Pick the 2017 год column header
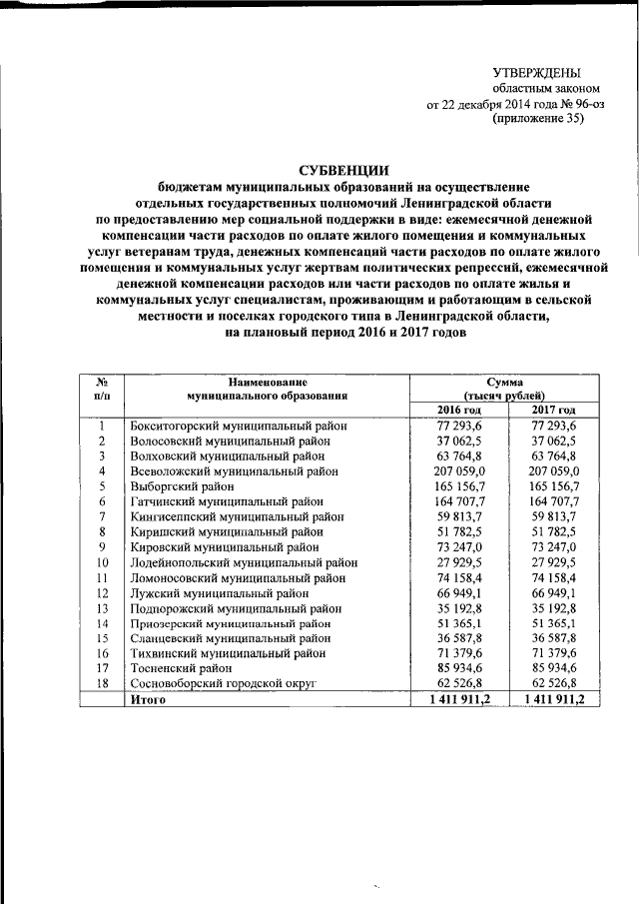(554, 411)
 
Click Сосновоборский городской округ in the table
(223, 682)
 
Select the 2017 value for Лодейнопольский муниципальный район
(555, 561)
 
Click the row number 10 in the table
(102, 561)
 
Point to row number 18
(102, 682)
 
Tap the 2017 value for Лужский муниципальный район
(555, 591)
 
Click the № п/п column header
(102, 390)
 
